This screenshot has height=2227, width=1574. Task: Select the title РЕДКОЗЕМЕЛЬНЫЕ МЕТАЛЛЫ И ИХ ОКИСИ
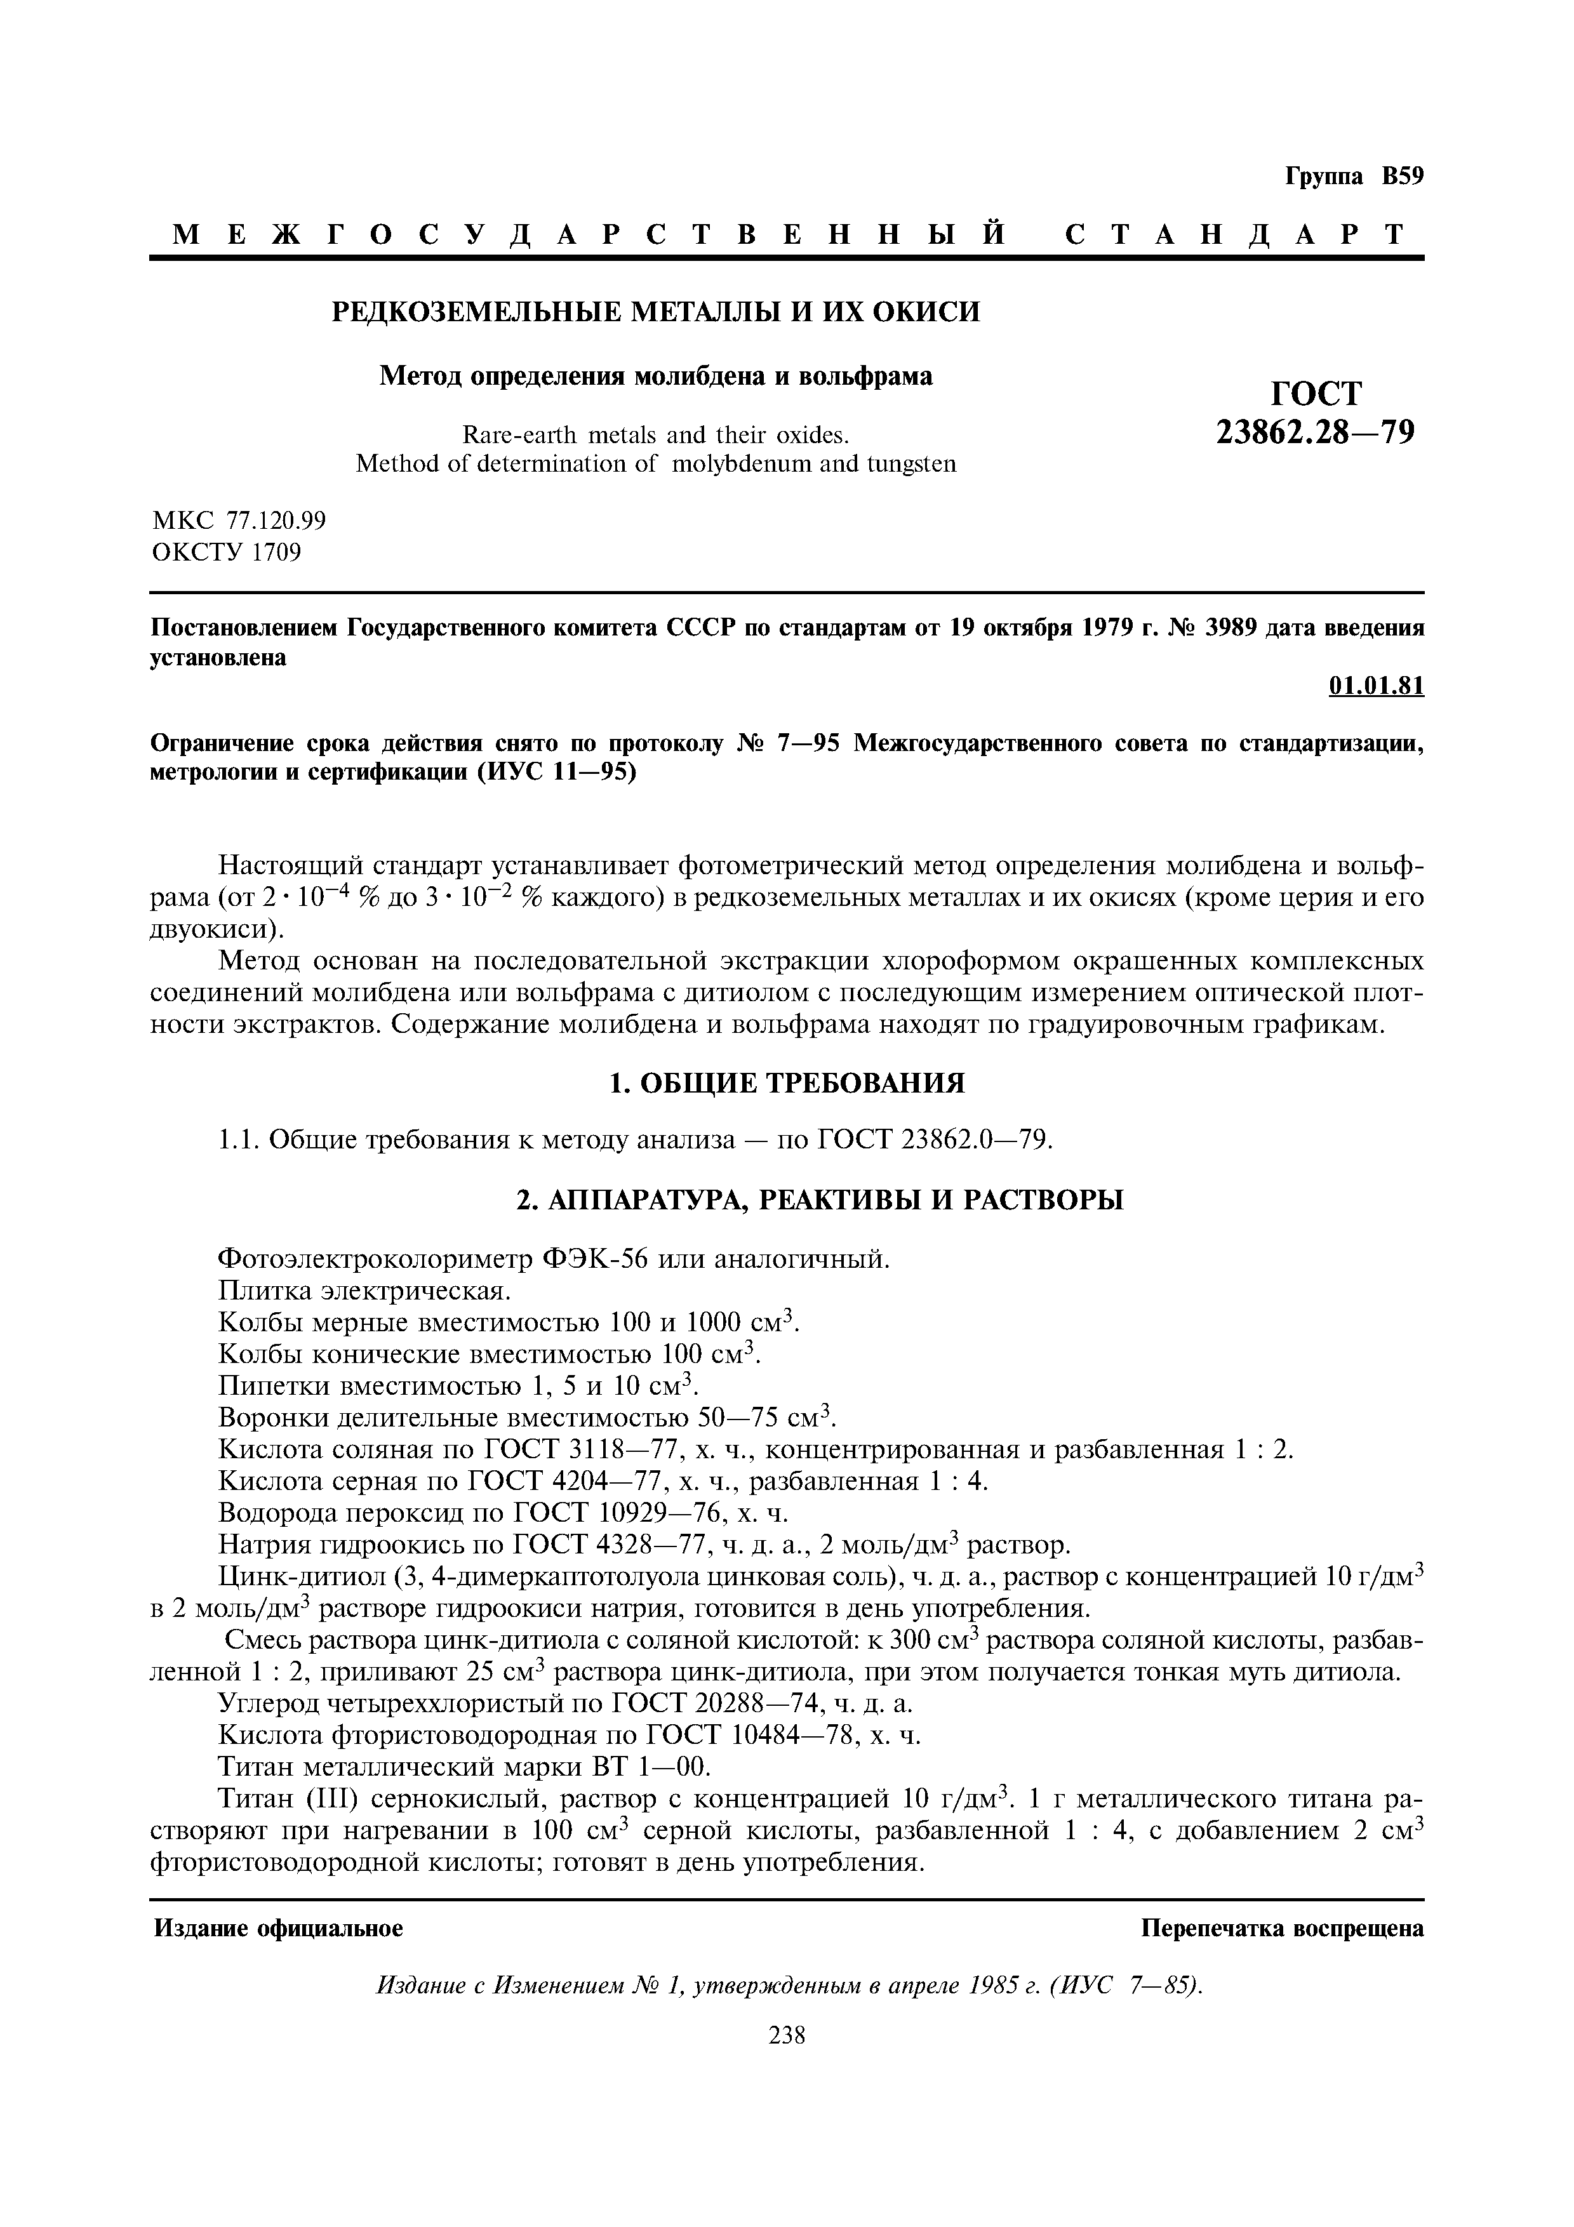click(x=656, y=312)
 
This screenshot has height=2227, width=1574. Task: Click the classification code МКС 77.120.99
click(x=239, y=521)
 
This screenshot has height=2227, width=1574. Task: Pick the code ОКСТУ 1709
click(x=227, y=553)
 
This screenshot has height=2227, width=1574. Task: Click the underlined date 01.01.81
click(x=1375, y=686)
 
